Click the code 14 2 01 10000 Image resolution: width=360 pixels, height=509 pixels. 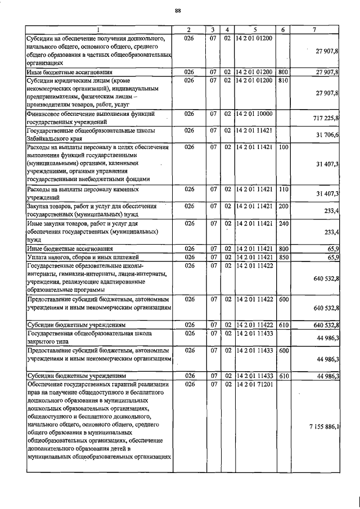coord(254,114)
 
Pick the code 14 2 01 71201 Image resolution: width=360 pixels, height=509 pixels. coord(254,384)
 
